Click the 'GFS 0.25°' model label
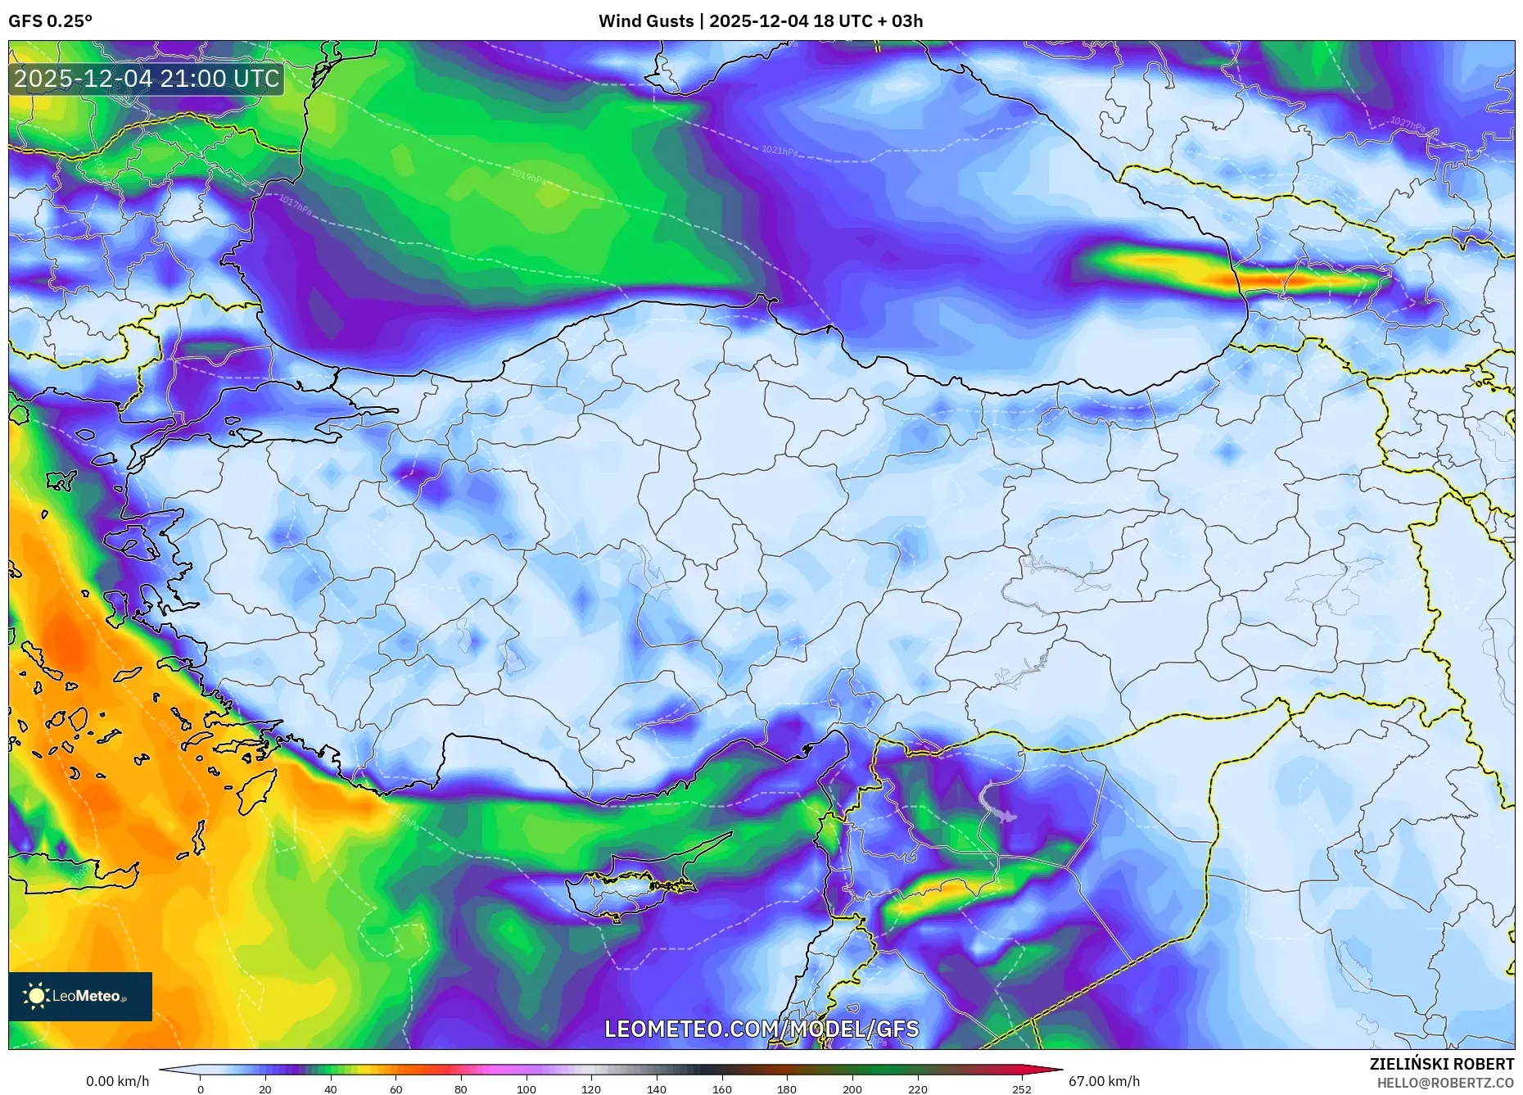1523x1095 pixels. pyautogui.click(x=50, y=21)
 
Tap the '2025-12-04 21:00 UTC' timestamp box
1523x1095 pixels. pyautogui.click(x=147, y=79)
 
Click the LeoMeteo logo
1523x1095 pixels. pyautogui.click(x=79, y=996)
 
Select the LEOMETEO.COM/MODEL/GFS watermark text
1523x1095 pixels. pyautogui.click(x=761, y=1029)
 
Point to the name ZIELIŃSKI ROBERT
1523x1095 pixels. pyautogui.click(x=1441, y=1064)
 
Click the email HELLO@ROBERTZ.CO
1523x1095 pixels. pyautogui.click(x=1444, y=1083)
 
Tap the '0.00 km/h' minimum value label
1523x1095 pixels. pyautogui.click(x=117, y=1081)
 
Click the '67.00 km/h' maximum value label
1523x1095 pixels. pyautogui.click(x=1104, y=1081)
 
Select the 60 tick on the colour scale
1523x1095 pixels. pyautogui.click(x=395, y=1089)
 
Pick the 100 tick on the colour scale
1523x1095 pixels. pyautogui.click(x=526, y=1089)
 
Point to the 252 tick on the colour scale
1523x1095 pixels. pyautogui.click(x=1021, y=1089)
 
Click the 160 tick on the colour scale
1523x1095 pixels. pyautogui.click(x=721, y=1089)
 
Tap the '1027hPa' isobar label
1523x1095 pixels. pyautogui.click(x=1407, y=124)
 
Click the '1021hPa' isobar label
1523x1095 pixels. pyautogui.click(x=779, y=151)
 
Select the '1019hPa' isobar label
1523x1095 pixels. pyautogui.click(x=527, y=176)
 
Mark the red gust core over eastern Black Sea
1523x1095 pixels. pyautogui.click(x=1265, y=281)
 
